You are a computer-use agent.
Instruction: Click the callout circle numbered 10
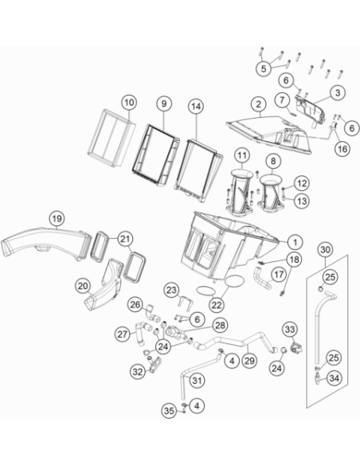(x=129, y=103)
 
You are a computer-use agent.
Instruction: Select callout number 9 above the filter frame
(x=164, y=104)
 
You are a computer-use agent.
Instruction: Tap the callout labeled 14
(x=196, y=107)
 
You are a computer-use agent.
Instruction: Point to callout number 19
(x=57, y=218)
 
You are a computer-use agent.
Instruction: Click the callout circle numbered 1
(x=295, y=242)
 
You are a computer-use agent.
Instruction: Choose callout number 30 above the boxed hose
(x=325, y=250)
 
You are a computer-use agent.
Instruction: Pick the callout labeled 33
(x=290, y=329)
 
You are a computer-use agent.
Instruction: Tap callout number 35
(x=169, y=411)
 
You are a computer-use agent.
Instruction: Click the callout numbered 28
(x=221, y=326)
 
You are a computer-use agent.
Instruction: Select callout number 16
(x=342, y=149)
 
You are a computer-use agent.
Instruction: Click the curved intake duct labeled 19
(x=45, y=242)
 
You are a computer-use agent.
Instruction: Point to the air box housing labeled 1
(x=229, y=244)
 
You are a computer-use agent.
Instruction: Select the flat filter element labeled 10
(x=112, y=138)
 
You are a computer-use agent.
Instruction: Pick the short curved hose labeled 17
(x=263, y=279)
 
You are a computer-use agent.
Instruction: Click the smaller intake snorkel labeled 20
(x=104, y=285)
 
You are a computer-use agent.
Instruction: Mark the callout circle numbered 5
(x=264, y=68)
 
